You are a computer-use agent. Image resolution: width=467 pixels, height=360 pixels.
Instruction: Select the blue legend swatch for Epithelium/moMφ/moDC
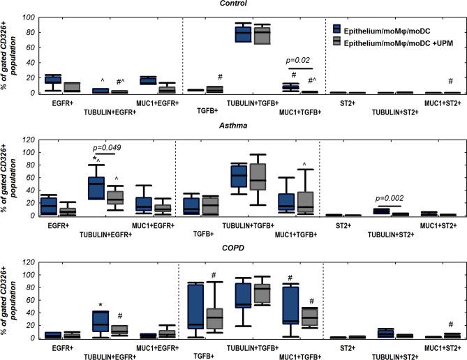pos(337,29)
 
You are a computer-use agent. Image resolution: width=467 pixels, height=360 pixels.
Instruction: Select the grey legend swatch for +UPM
pos(337,40)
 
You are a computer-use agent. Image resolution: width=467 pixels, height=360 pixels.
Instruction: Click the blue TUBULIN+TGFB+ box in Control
pos(223,34)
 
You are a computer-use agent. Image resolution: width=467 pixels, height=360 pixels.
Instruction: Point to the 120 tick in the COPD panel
pos(27,262)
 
